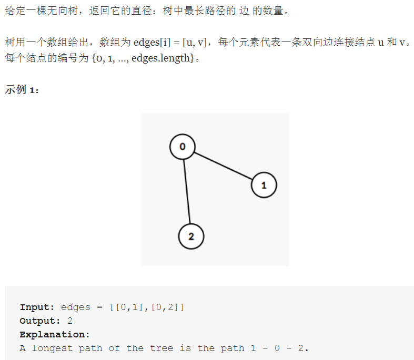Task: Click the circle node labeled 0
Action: click(x=183, y=147)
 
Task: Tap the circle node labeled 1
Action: click(x=264, y=185)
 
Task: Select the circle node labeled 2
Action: click(x=191, y=236)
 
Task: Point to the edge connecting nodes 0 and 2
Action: click(x=187, y=191)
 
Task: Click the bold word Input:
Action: click(x=37, y=307)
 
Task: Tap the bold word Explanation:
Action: click(x=55, y=334)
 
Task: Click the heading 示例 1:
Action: click(x=22, y=89)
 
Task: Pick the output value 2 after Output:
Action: click(x=70, y=321)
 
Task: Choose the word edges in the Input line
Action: click(x=75, y=307)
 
